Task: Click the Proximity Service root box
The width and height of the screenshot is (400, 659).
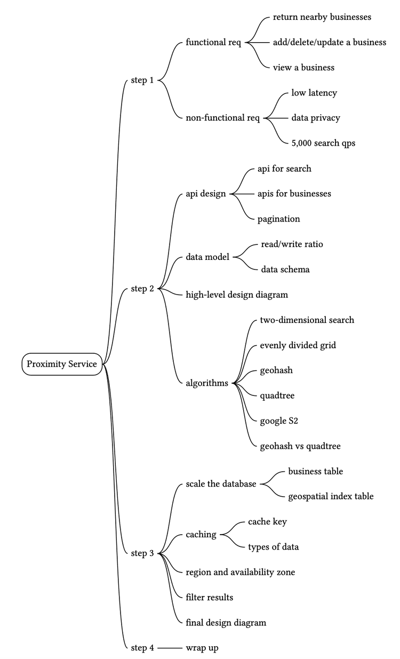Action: pos(62,364)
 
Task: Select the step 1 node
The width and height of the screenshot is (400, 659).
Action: pos(142,80)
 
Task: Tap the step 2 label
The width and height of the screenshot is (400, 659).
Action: pos(142,289)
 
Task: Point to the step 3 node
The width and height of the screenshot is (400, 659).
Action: pos(142,553)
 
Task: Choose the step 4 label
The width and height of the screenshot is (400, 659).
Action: pos(142,648)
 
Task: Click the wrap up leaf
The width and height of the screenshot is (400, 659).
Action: pos(202,648)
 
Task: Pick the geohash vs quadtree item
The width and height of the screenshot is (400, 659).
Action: pos(300,446)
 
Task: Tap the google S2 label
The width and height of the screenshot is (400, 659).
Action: pos(279,421)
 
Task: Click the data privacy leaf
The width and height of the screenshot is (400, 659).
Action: pos(316,118)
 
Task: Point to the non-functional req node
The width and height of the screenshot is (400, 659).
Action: pos(223,118)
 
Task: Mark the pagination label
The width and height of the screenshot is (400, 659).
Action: pos(278,219)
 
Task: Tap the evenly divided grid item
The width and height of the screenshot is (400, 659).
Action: pos(298,345)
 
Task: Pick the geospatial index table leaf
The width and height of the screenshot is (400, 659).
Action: pos(331,496)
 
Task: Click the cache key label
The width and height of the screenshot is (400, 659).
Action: pos(267,521)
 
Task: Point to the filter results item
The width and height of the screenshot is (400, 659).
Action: pos(210,597)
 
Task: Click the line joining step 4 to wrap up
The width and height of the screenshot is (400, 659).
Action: pos(170,648)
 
